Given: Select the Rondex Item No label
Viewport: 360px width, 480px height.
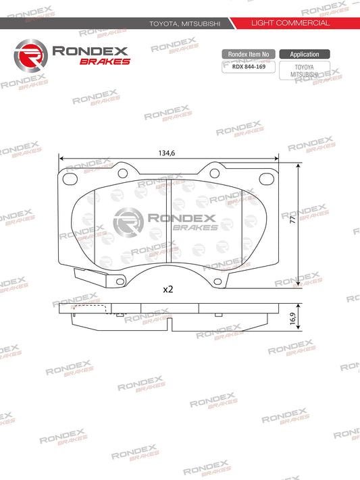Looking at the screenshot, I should tap(248, 54).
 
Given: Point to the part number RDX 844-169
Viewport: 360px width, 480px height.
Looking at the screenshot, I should tap(248, 66).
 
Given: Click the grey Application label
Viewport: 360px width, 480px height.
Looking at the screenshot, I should tap(305, 54).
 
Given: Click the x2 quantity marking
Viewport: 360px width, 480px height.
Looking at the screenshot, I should tap(168, 289).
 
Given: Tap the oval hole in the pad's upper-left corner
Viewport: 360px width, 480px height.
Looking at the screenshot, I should tap(70, 179).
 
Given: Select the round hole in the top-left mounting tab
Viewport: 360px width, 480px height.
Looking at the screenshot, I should tap(122, 173).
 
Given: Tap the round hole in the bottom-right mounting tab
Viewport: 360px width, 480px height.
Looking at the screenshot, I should tap(217, 282).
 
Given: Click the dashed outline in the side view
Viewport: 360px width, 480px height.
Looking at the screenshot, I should tap(90, 309).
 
